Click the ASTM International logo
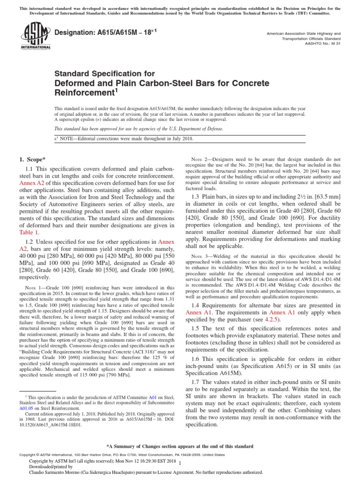[x=35, y=38]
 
